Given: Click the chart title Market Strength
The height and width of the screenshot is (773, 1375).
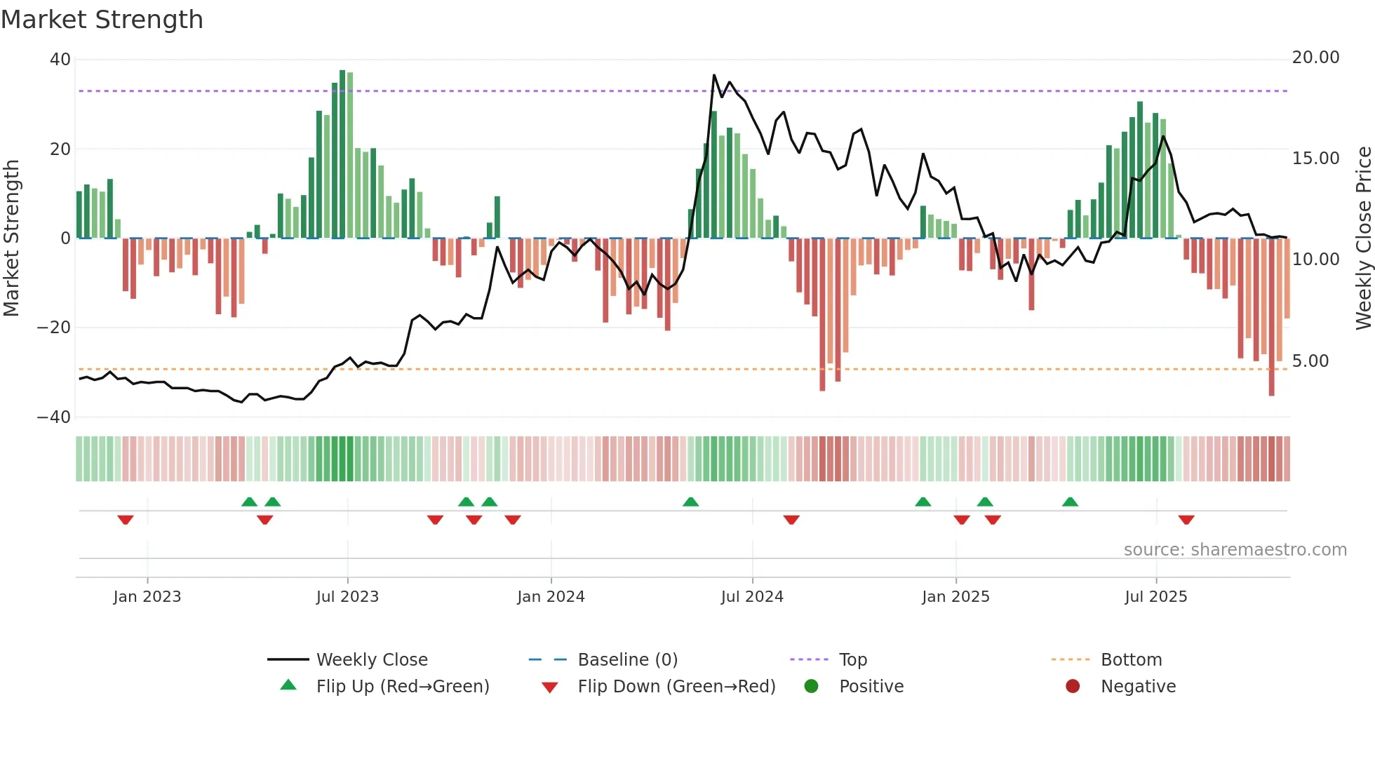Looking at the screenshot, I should pyautogui.click(x=102, y=20).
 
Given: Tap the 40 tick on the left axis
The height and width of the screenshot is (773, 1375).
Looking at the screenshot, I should pyautogui.click(x=60, y=60).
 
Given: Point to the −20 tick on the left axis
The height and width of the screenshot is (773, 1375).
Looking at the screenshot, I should pyautogui.click(x=54, y=328).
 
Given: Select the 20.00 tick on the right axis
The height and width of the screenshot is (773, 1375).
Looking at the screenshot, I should pyautogui.click(x=1315, y=58).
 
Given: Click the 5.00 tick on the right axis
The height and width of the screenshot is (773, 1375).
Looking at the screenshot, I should pyautogui.click(x=1310, y=361).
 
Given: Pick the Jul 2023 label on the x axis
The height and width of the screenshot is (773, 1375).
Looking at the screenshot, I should pyautogui.click(x=347, y=597).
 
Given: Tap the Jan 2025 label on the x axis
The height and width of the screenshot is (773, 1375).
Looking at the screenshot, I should pyautogui.click(x=955, y=597).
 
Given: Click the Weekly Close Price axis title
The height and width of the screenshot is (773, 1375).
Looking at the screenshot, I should pyautogui.click(x=1363, y=238).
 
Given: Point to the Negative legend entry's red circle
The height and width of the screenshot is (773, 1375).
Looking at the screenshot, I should pyautogui.click(x=1073, y=687).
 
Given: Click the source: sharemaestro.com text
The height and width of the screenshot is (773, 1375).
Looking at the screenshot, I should pyautogui.click(x=1235, y=550).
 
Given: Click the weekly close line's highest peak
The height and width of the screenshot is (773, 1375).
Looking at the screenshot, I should pyautogui.click(x=714, y=75).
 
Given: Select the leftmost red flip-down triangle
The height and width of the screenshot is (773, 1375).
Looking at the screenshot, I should pyautogui.click(x=126, y=520).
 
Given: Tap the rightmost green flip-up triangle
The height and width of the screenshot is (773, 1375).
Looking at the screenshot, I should pyautogui.click(x=1070, y=502).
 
